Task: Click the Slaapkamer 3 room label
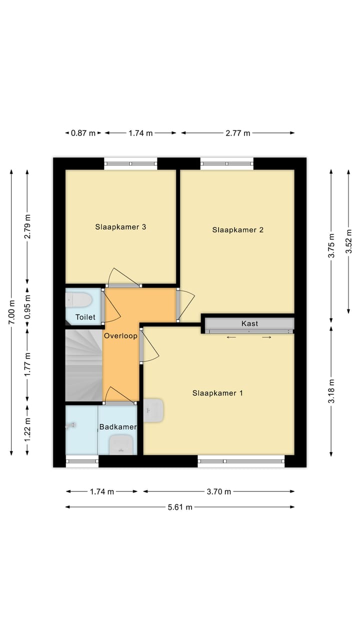(x=120, y=227)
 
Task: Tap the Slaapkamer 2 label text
(x=237, y=230)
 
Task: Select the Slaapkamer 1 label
(x=217, y=393)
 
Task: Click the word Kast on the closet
(x=249, y=323)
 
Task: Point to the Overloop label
(x=120, y=336)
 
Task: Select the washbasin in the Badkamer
(x=121, y=444)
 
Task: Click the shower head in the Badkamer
(x=71, y=425)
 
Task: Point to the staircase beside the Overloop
(x=83, y=365)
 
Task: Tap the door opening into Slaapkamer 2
(x=186, y=304)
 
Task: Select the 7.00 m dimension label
(x=11, y=312)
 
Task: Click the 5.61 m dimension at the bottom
(x=179, y=507)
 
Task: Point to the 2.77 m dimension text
(x=237, y=133)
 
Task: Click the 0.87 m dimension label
(x=83, y=133)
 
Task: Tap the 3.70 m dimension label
(x=218, y=491)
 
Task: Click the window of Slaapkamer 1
(x=241, y=461)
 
